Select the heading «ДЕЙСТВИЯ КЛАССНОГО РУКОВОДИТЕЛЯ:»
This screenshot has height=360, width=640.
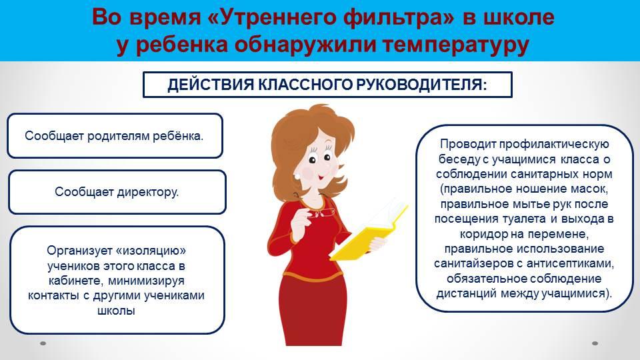click(x=327, y=85)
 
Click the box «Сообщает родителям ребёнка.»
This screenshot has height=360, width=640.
click(x=115, y=135)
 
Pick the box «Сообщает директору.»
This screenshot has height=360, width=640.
click(x=117, y=192)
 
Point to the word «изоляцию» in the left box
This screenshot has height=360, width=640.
click(x=151, y=250)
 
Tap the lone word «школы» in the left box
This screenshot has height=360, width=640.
click(x=116, y=311)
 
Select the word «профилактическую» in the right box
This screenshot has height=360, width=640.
click(x=554, y=144)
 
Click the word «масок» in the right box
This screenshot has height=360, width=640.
click(x=588, y=189)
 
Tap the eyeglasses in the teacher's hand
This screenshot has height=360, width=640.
click(x=323, y=213)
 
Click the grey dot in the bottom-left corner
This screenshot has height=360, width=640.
click(x=43, y=343)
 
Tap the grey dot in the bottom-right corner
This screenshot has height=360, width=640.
click(x=595, y=343)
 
